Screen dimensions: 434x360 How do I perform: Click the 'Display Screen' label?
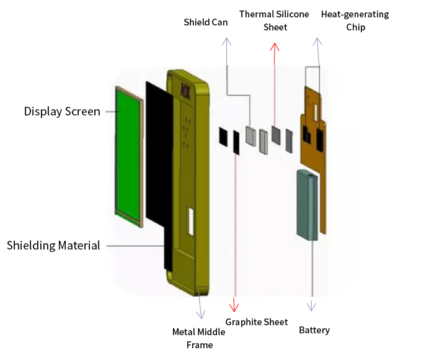[x=62, y=112]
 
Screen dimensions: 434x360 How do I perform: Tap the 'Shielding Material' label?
[x=53, y=246]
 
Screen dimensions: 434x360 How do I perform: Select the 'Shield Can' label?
[x=206, y=22]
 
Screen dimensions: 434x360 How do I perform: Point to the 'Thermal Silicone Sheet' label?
[x=274, y=20]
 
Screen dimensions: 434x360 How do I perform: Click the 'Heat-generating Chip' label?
[x=355, y=20]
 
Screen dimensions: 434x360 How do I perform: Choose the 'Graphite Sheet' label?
[x=257, y=322]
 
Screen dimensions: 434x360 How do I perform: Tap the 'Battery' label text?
[x=314, y=330]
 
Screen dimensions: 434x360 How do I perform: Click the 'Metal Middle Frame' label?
[x=199, y=338]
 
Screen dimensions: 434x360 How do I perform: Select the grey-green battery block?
[x=308, y=205]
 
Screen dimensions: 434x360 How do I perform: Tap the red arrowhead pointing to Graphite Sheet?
[x=234, y=305]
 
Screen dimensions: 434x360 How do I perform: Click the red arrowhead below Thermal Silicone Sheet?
[x=275, y=47]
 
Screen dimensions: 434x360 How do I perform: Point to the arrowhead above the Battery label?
[x=312, y=306]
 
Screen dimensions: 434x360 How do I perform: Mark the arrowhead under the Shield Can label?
[x=227, y=42]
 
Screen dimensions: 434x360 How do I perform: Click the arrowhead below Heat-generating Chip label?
[x=317, y=42]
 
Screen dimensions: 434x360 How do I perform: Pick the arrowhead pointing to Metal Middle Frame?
[x=201, y=314]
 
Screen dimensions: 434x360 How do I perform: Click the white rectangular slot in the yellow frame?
[x=191, y=222]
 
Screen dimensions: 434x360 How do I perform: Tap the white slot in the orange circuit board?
[x=315, y=112]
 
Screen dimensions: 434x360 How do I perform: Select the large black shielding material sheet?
[x=159, y=155]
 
